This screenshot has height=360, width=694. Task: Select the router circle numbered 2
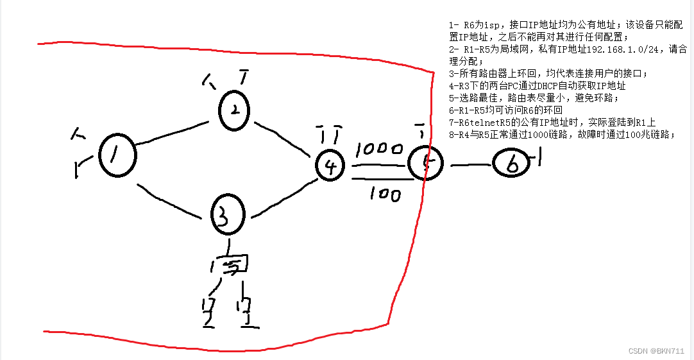[235, 111]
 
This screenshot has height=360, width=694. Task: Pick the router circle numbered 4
[330, 166]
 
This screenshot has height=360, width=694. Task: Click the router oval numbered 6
[512, 165]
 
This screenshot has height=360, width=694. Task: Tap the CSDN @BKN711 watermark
[657, 350]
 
